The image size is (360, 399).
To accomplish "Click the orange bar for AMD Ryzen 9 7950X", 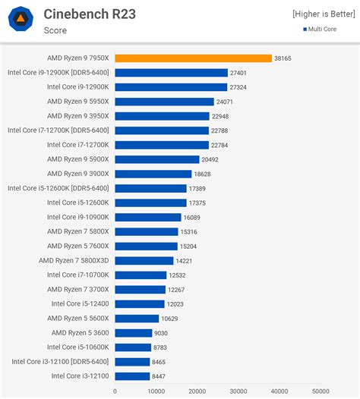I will [x=193, y=58].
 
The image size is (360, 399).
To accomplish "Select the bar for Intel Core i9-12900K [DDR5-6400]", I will [x=171, y=73].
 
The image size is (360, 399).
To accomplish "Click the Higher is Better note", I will [x=323, y=14].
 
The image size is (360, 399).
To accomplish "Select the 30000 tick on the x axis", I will [x=238, y=391].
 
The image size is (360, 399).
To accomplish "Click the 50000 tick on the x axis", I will [x=321, y=391].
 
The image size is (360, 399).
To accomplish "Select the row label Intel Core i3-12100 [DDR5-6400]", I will [x=60, y=361].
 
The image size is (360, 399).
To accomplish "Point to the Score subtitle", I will [x=55, y=30].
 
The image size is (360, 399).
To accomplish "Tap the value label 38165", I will [x=283, y=58].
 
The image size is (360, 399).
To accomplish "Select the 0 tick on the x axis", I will [x=115, y=391].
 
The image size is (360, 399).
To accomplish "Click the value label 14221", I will [x=185, y=260].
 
